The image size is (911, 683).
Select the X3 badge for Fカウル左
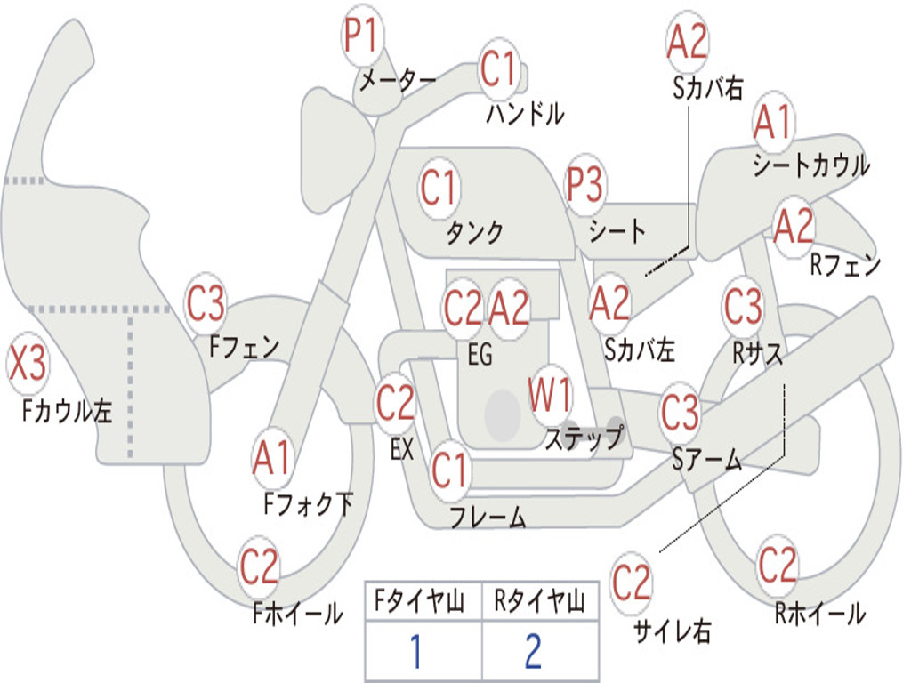pyautogui.click(x=28, y=365)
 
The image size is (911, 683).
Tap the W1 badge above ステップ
pyautogui.click(x=551, y=394)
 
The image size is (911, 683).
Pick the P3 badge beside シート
pyautogui.click(x=585, y=186)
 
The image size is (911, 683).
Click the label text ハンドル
pyautogui.click(x=526, y=113)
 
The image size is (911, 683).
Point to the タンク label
pyautogui.click(x=474, y=232)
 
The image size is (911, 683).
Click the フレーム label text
pyautogui.click(x=488, y=517)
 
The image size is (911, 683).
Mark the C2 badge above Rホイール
pyautogui.click(x=777, y=564)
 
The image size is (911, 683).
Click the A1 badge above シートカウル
pyautogui.click(x=772, y=122)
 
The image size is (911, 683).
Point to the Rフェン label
pyautogui.click(x=844, y=264)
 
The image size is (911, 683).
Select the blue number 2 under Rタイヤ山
pyautogui.click(x=533, y=652)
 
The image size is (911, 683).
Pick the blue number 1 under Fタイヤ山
pyautogui.click(x=415, y=652)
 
